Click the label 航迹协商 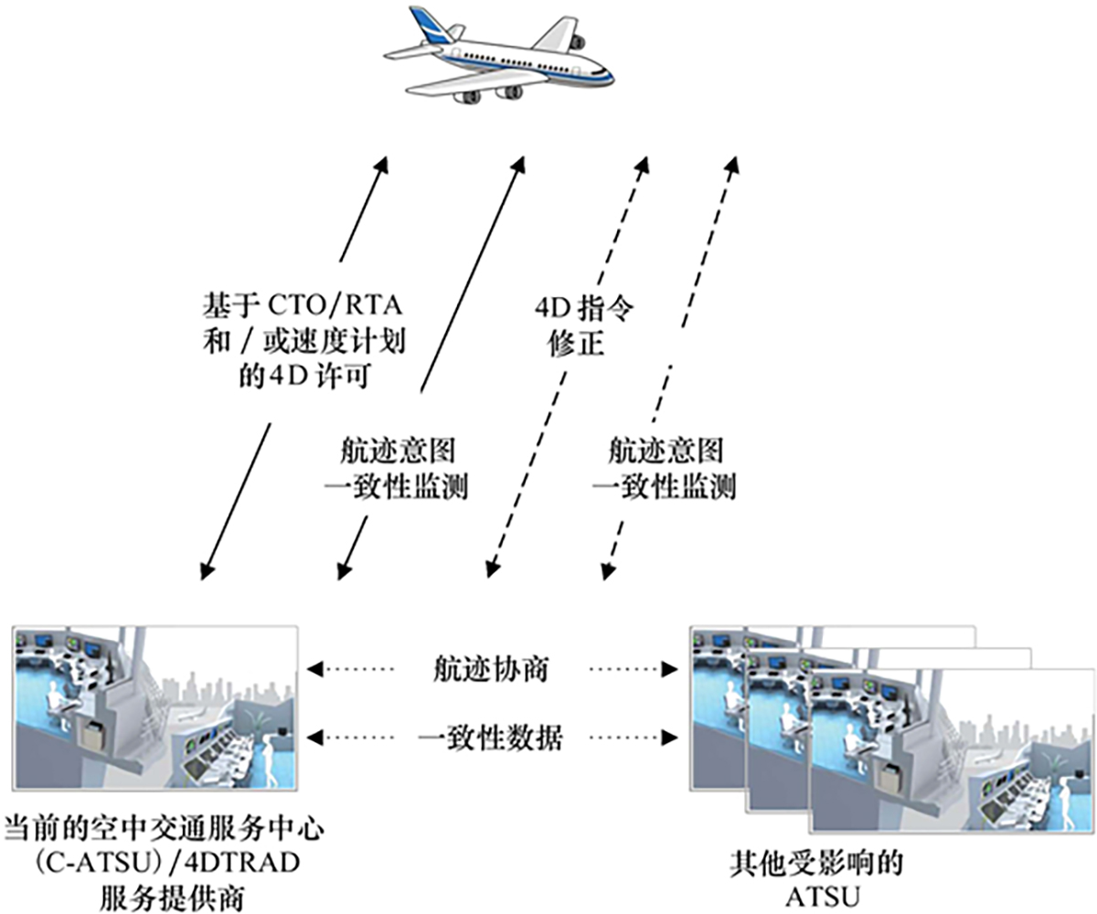click(x=490, y=669)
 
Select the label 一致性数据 click(x=490, y=737)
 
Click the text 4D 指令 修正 click(x=583, y=327)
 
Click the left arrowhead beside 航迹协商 click(x=316, y=669)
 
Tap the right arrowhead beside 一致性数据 click(x=668, y=737)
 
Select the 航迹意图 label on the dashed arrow click(x=666, y=450)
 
